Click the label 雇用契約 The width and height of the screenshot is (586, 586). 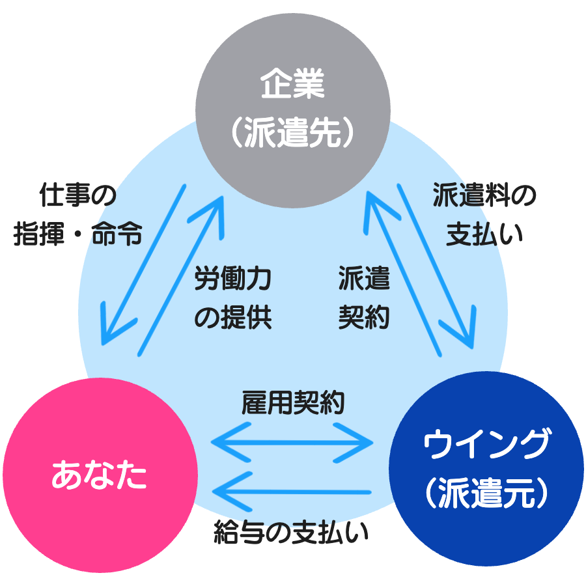(x=293, y=402)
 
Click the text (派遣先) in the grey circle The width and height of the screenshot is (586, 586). (x=292, y=132)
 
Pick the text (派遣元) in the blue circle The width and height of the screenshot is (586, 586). (x=485, y=493)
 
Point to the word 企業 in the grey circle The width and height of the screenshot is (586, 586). (x=292, y=85)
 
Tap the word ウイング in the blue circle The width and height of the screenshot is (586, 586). (x=485, y=446)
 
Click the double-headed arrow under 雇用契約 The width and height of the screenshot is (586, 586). (x=293, y=443)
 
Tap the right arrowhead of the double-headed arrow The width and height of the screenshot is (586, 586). (x=365, y=443)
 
